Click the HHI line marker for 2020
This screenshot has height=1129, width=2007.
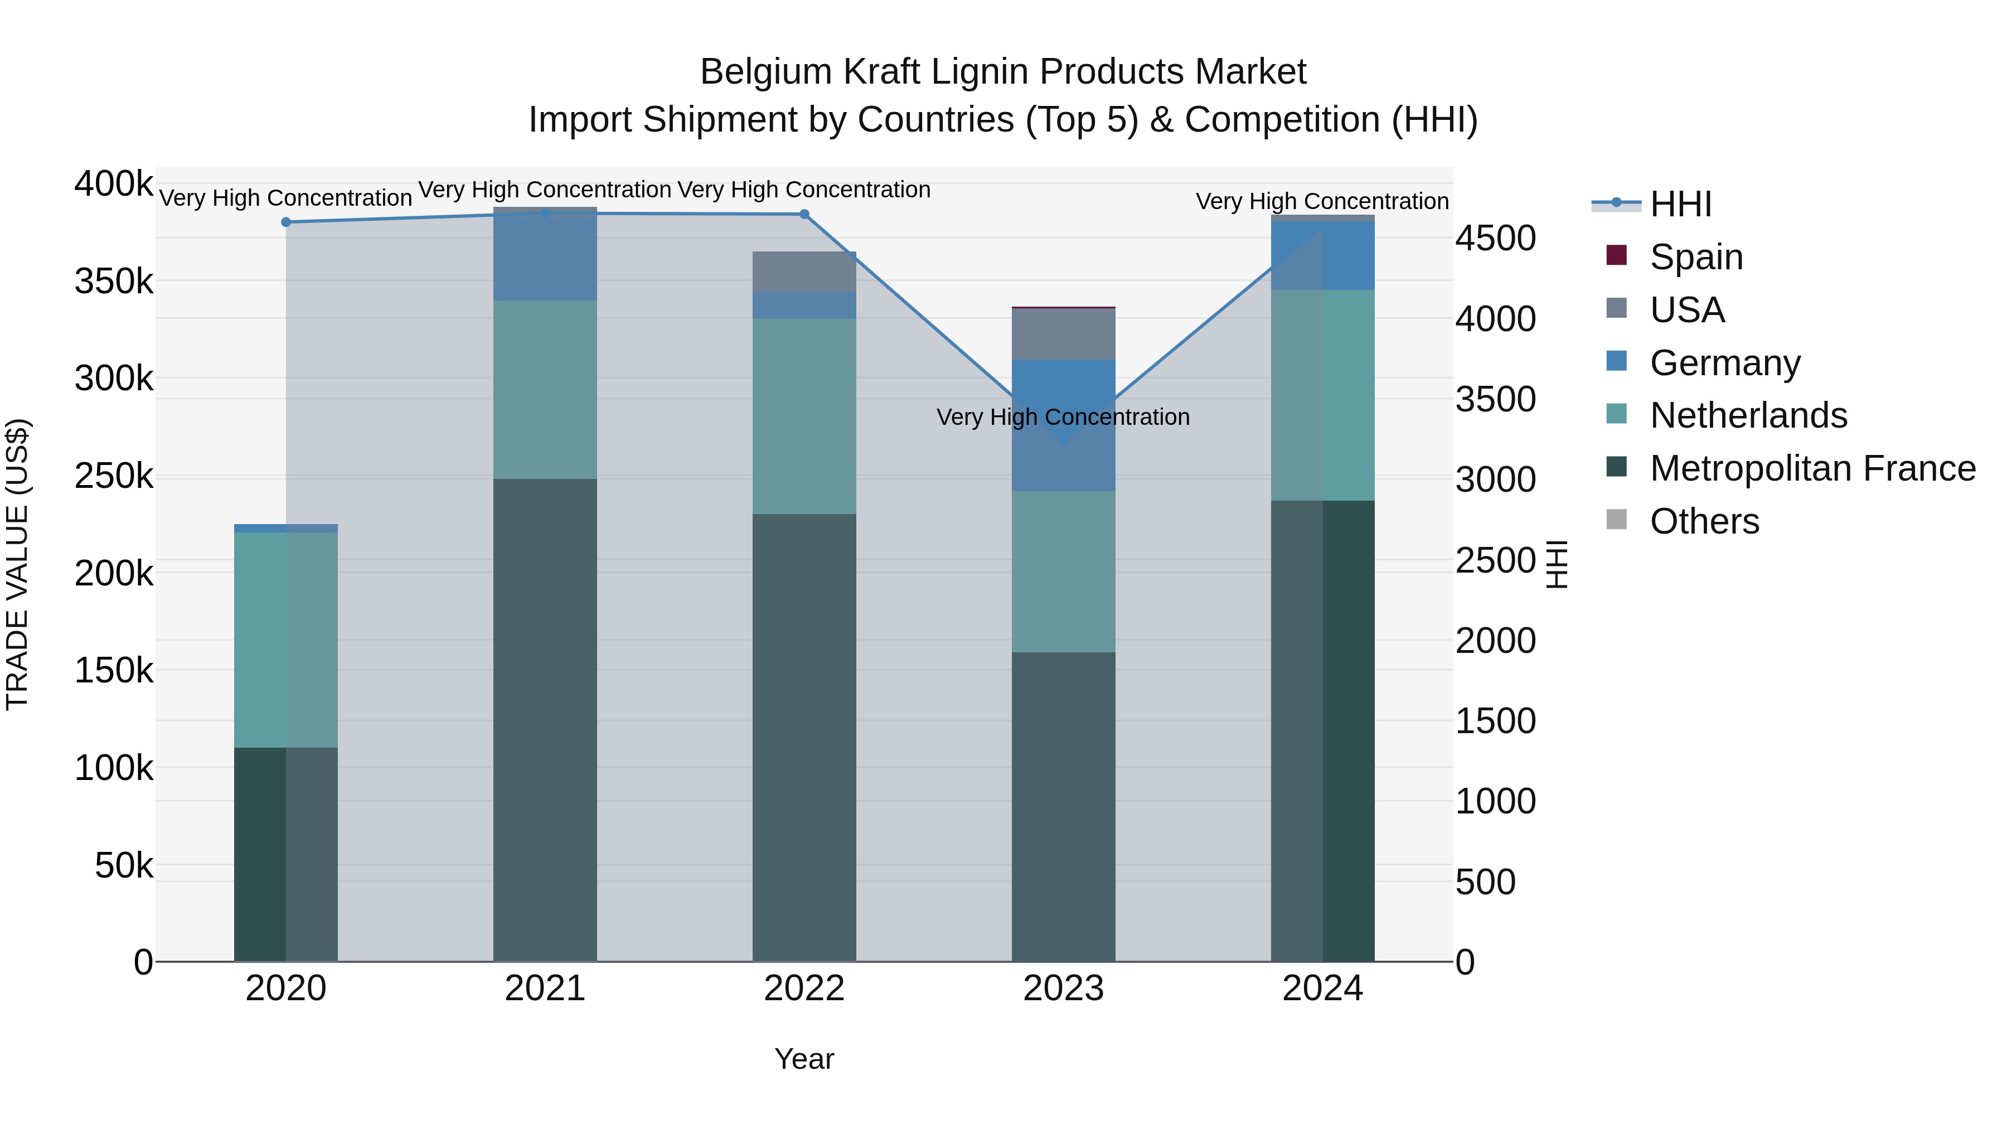286,222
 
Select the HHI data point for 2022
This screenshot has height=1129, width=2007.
804,214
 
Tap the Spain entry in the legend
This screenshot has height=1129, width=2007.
1696,257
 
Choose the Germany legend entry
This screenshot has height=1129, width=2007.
1725,363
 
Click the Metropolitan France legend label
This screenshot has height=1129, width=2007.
1812,469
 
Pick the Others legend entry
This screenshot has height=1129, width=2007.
1704,521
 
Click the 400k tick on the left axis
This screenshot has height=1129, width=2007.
114,185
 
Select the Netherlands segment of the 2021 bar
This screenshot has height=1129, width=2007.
545,390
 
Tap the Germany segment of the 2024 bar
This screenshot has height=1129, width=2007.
1322,255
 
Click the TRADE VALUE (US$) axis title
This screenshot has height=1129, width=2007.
17,564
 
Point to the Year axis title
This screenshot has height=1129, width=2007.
804,1059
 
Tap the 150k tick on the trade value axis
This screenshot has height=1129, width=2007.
114,671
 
